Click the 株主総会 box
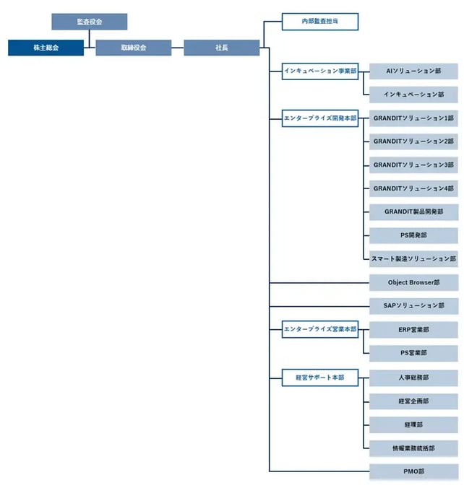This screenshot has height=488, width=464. point(46,48)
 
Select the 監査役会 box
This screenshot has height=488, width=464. point(90,22)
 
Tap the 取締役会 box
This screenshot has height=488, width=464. point(134,48)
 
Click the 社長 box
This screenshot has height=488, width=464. point(222,48)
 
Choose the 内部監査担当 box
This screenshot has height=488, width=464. point(320,22)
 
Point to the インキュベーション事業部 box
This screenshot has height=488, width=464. point(320,71)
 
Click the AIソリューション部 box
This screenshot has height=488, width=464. point(413,71)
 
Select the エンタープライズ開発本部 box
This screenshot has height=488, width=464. point(320,118)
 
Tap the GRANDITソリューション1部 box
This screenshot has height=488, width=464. point(413,118)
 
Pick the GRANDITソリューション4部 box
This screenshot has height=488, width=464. point(413,188)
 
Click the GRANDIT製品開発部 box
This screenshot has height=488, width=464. point(413,212)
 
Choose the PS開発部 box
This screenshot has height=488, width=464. point(413,235)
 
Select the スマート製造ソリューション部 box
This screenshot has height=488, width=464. point(413,258)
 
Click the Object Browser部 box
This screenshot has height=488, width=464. point(413,282)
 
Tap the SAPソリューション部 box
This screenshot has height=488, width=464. point(413,306)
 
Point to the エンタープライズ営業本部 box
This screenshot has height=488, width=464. point(320,329)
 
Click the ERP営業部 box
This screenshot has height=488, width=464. point(413,329)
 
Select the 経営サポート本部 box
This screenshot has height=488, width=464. point(320,377)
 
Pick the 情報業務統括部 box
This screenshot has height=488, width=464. point(413,448)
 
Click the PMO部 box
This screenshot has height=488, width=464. point(413,471)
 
